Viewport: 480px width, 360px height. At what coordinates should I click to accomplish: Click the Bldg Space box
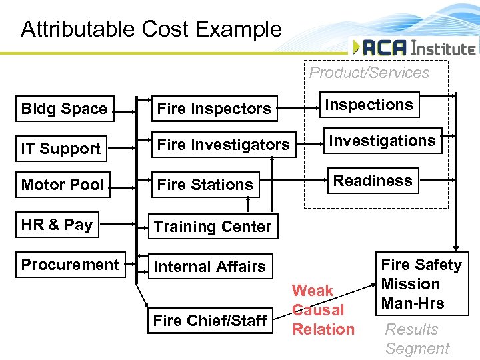click(65, 109)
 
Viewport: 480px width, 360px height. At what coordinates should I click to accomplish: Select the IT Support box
click(61, 148)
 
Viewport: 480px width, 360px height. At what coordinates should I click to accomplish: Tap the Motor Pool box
click(63, 184)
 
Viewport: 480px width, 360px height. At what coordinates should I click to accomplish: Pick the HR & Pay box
click(57, 224)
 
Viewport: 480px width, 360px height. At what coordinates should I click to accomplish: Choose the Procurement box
click(70, 264)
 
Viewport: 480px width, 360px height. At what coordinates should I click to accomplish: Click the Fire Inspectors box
click(213, 109)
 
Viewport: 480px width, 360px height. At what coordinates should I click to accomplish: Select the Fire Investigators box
click(223, 145)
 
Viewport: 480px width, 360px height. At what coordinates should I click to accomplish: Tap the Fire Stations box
click(205, 184)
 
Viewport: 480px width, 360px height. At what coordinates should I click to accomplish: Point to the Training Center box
click(213, 227)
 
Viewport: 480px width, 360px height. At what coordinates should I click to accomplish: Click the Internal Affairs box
click(210, 267)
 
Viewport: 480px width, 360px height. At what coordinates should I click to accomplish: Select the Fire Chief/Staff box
click(210, 320)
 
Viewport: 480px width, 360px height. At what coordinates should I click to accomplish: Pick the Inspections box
click(369, 105)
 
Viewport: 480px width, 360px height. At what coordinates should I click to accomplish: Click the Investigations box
click(383, 141)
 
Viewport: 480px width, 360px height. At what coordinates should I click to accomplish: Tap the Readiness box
click(373, 180)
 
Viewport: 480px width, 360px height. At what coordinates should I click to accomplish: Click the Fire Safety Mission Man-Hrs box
click(421, 283)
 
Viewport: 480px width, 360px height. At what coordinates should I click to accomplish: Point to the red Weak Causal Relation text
click(323, 310)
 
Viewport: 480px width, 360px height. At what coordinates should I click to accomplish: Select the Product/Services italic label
click(369, 73)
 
